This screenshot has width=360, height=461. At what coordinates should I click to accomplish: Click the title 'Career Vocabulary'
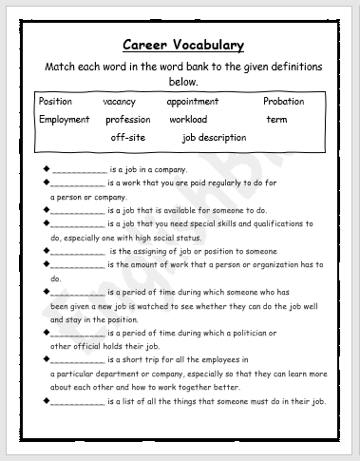(183, 45)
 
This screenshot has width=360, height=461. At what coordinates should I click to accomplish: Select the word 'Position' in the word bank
(55, 102)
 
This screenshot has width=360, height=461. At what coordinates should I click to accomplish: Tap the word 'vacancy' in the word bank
(121, 102)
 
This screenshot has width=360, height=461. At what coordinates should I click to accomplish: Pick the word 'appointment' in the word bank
(192, 102)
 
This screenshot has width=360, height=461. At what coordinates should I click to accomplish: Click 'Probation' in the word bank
(284, 102)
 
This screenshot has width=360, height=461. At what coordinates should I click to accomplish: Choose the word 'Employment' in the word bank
(65, 120)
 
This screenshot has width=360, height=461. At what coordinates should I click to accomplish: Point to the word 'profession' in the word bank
(128, 120)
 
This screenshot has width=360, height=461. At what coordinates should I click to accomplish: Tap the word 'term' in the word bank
(276, 120)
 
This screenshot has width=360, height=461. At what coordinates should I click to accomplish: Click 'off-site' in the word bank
(128, 138)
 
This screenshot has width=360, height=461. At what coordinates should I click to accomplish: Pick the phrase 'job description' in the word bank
(214, 138)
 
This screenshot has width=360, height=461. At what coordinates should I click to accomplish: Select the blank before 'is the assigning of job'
(78, 251)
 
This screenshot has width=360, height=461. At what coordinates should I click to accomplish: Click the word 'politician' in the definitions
(251, 334)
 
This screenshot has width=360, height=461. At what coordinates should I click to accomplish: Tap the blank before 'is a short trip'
(78, 361)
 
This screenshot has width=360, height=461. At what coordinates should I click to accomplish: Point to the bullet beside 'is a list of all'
(47, 402)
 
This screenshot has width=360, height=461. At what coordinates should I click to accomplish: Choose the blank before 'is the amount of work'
(78, 265)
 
